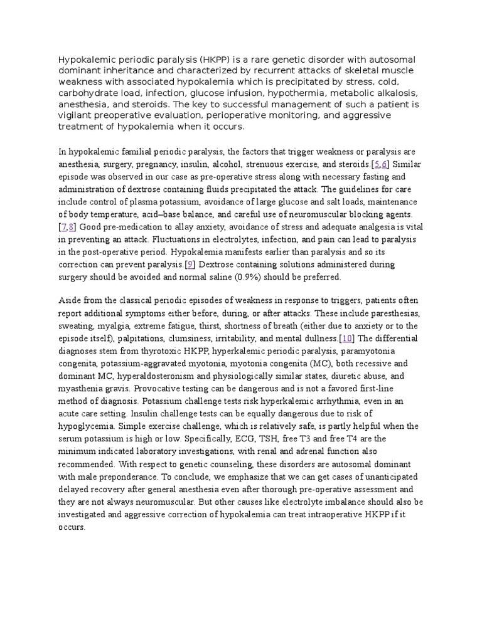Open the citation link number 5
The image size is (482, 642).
376,164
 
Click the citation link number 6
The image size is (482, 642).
385,164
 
